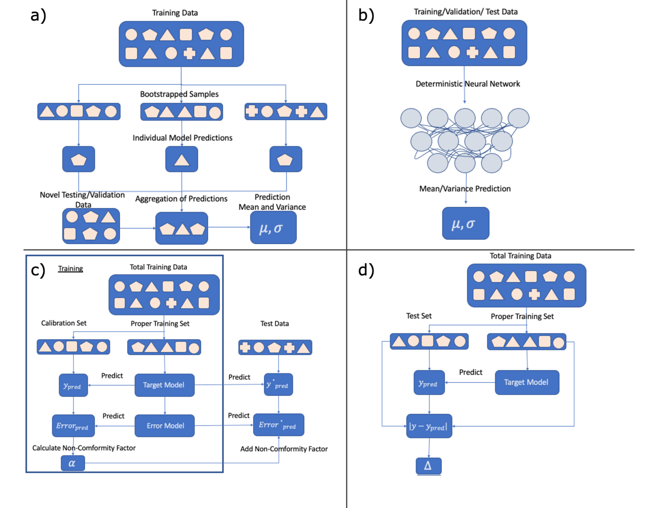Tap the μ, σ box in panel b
click(465, 223)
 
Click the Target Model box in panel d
click(527, 382)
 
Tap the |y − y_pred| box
click(429, 426)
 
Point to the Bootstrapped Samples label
click(179, 94)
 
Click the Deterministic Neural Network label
click(468, 84)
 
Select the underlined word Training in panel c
click(71, 269)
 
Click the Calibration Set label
click(64, 323)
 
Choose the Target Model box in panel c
click(164, 385)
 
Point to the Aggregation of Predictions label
click(181, 199)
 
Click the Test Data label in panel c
click(275, 324)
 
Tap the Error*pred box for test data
click(278, 425)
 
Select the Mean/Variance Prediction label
click(465, 189)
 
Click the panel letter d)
click(366, 270)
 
